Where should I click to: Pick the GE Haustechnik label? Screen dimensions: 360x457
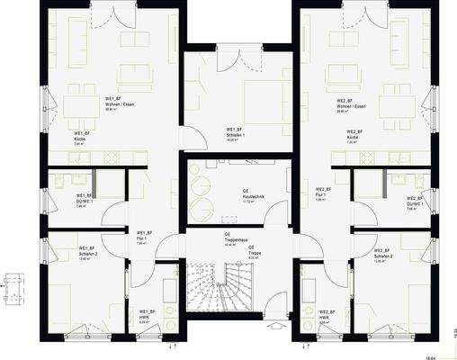[x=246, y=195]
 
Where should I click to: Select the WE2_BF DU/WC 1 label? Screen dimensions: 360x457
[x=415, y=202]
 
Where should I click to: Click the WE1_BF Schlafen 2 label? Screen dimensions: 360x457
[x=87, y=252]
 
